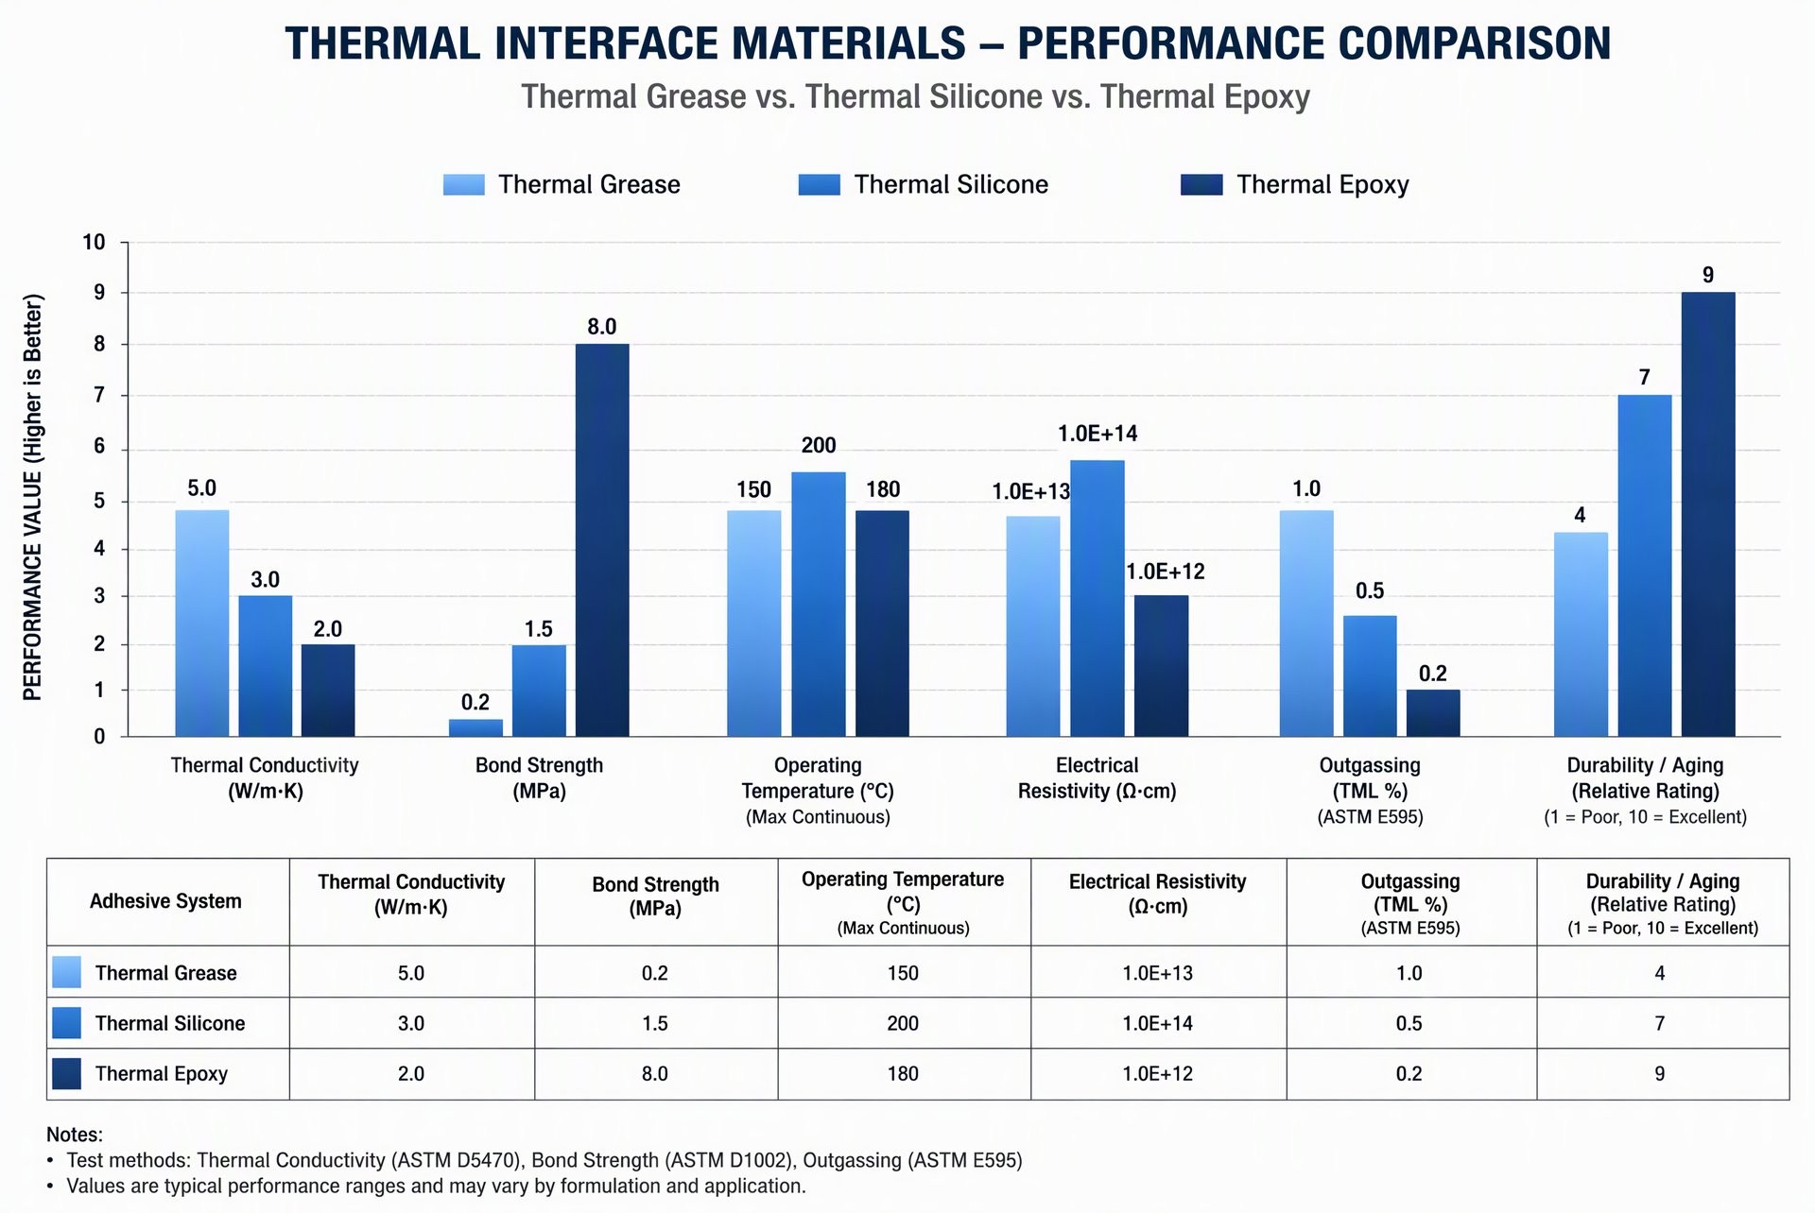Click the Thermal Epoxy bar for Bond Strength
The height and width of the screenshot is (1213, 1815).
pyautogui.click(x=602, y=539)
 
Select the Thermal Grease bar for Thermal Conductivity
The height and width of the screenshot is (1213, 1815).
pyautogui.click(x=202, y=623)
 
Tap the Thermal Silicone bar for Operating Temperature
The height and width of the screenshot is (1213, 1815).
pyautogui.click(x=819, y=604)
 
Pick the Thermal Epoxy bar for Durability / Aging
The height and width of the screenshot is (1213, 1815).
pyautogui.click(x=1708, y=514)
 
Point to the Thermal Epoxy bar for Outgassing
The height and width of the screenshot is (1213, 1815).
pyautogui.click(x=1433, y=712)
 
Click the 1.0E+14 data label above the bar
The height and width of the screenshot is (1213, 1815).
pyautogui.click(x=1098, y=434)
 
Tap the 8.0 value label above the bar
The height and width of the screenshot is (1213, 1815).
pyautogui.click(x=602, y=327)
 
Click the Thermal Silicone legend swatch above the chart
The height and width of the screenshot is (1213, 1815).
pyautogui.click(x=819, y=184)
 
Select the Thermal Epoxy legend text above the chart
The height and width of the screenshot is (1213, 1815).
pyautogui.click(x=1322, y=184)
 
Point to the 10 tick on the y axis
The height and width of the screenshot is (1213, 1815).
pyautogui.click(x=95, y=243)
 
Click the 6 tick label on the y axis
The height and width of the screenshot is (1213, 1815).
pyautogui.click(x=99, y=447)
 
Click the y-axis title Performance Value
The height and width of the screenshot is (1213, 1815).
pyautogui.click(x=33, y=498)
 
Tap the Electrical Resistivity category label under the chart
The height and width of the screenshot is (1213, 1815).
pyautogui.click(x=1098, y=777)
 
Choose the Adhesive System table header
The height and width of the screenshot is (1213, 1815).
pyautogui.click(x=165, y=901)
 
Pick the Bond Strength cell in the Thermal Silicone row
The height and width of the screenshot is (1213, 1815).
pyautogui.click(x=655, y=1023)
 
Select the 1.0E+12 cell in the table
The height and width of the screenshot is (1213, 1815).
pyautogui.click(x=1158, y=1073)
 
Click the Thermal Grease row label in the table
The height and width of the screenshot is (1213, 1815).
pyautogui.click(x=166, y=973)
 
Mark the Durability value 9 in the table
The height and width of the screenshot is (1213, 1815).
pyautogui.click(x=1660, y=1073)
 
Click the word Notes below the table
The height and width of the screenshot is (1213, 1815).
pyautogui.click(x=75, y=1135)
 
